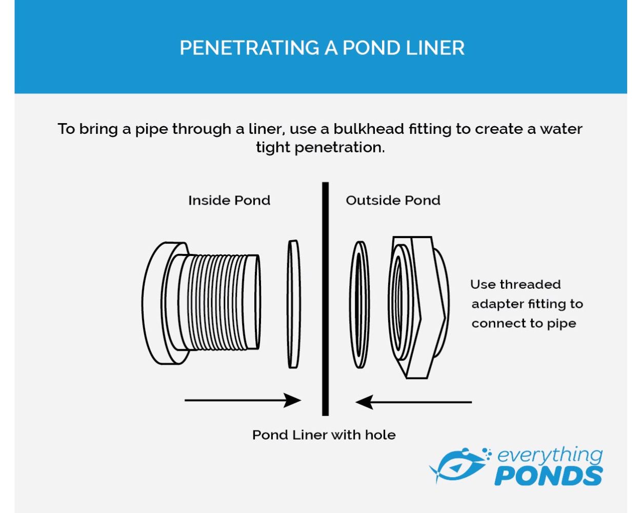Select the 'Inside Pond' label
point(229,200)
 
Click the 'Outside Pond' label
point(393,200)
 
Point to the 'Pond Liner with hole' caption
point(324,435)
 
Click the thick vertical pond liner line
point(325,299)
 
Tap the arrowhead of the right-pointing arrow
point(292,400)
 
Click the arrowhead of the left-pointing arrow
point(364,402)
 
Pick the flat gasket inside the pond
point(294,304)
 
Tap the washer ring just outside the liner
point(360,304)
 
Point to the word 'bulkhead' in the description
point(369,129)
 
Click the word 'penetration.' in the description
point(339,148)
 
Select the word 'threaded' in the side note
point(530,284)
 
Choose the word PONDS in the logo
point(549,476)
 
